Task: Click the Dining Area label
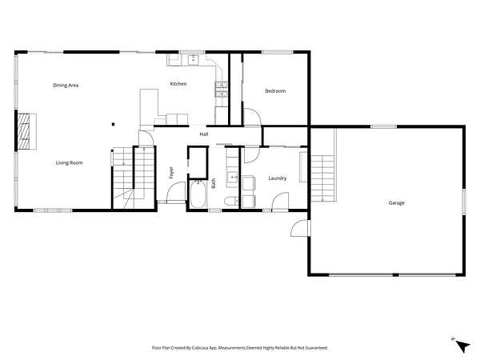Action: pos(66,85)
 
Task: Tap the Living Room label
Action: pos(69,163)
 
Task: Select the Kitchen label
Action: pos(178,83)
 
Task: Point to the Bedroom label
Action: pos(275,91)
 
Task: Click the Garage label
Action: pos(397,202)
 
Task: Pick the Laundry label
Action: pos(278,178)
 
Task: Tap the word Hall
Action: pos(204,134)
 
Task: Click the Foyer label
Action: pos(171,173)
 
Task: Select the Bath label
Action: pos(214,183)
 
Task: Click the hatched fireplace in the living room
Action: pos(24,131)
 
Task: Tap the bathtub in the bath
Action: pos(198,194)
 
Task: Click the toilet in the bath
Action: pos(231,202)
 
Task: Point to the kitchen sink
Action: pos(193,60)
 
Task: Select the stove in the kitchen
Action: pos(221,90)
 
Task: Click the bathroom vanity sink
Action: pos(232,177)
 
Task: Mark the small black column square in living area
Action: pos(114,124)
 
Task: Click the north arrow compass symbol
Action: pos(462,346)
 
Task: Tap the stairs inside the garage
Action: pos(323,178)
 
